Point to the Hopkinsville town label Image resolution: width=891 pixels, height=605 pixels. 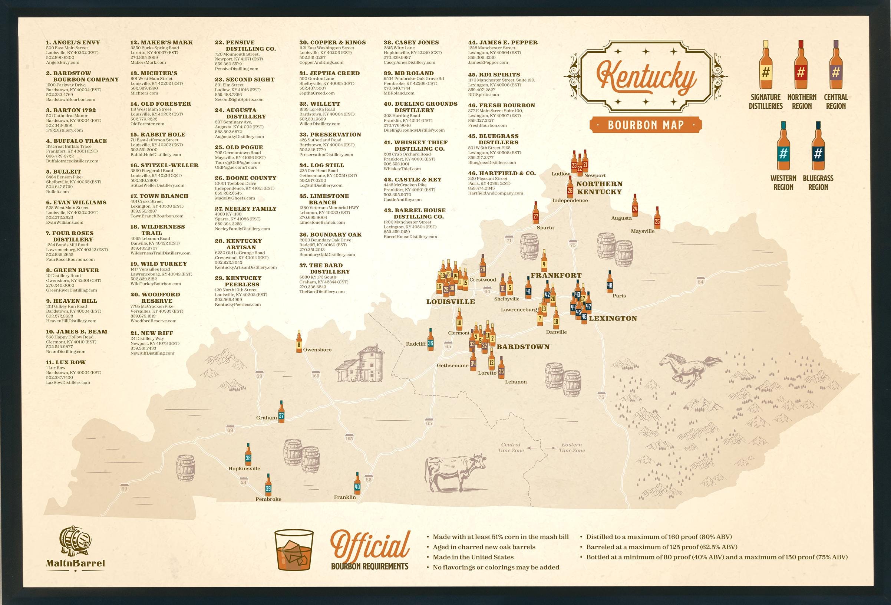(x=244, y=468)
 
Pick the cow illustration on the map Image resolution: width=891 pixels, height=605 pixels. (x=455, y=471)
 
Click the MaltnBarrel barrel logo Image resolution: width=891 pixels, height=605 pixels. (x=75, y=542)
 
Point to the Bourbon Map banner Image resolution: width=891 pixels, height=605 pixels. (x=646, y=125)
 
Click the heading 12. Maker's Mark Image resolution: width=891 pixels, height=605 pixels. (x=161, y=43)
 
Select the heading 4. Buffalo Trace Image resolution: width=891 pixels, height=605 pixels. (x=76, y=141)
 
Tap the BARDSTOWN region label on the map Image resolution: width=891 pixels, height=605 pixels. (x=523, y=347)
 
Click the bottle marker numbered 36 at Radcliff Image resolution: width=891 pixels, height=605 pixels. (x=430, y=341)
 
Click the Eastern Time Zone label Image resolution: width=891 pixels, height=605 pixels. (x=572, y=447)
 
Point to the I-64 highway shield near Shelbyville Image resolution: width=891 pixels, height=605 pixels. (x=487, y=292)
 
